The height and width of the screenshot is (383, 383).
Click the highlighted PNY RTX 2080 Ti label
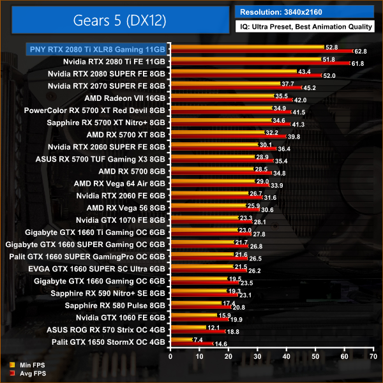click(x=96, y=49)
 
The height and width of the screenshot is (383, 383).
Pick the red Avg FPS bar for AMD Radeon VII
click(x=230, y=100)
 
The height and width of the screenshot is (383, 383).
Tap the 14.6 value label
click(x=221, y=344)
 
